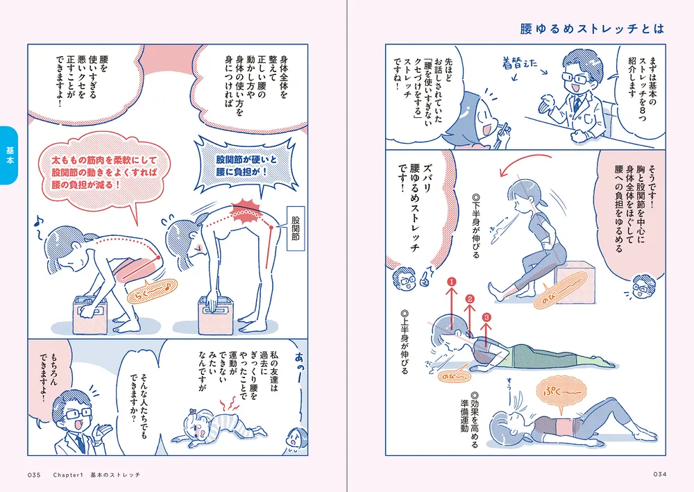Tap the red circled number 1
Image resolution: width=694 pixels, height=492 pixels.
451,282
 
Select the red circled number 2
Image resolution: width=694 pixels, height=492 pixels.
470,300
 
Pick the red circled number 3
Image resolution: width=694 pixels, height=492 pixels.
486,317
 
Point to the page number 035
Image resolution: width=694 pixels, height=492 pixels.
36,475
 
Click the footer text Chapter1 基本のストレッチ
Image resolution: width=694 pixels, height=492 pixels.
96,475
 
